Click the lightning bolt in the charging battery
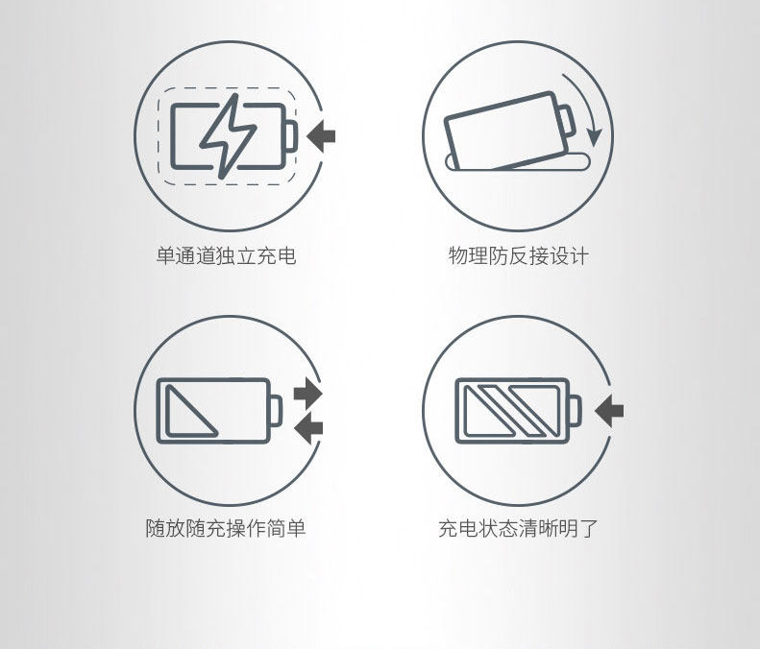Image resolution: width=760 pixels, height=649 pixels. [x=228, y=136]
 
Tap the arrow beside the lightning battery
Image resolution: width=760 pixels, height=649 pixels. [x=321, y=136]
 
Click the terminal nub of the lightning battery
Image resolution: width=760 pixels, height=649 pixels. [x=290, y=136]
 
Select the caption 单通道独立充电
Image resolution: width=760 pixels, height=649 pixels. [x=226, y=255]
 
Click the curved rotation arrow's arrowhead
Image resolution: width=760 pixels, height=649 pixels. [x=594, y=137]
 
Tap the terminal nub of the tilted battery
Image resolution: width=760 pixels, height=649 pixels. [x=567, y=121]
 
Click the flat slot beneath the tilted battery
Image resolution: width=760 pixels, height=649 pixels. [x=518, y=162]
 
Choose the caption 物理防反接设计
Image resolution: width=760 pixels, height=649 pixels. [x=519, y=255]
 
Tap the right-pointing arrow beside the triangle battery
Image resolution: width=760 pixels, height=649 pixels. [x=307, y=393]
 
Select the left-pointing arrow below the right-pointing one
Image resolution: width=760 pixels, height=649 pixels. [x=308, y=427]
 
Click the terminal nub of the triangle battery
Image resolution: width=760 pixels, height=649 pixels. [x=276, y=411]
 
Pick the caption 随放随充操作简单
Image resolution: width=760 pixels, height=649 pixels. [x=226, y=528]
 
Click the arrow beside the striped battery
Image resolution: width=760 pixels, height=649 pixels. [x=609, y=411]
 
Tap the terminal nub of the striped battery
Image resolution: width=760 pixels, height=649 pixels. [x=575, y=411]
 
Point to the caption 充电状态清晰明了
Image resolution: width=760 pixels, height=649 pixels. [x=519, y=528]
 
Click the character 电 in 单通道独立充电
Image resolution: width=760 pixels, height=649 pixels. [x=286, y=255]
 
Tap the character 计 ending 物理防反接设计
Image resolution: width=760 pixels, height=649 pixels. [x=579, y=255]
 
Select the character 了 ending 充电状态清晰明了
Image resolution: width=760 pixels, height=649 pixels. [x=589, y=528]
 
